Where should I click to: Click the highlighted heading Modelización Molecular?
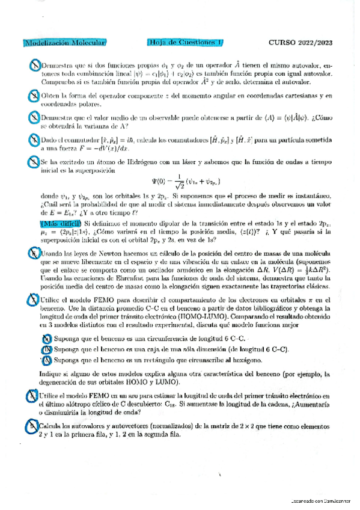coord(65,43)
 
